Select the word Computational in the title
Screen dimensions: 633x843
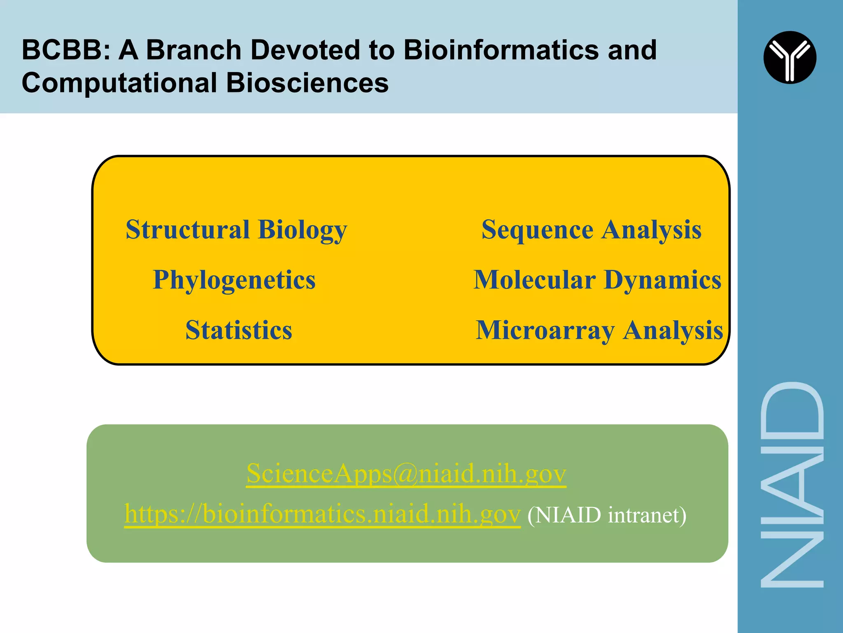119,83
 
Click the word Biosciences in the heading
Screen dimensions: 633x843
307,83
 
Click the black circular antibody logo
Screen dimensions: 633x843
789,57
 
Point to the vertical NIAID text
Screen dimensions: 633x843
791,484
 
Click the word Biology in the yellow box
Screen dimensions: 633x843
303,230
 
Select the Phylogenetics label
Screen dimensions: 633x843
234,280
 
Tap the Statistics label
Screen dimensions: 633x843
239,330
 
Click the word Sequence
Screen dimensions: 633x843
537,230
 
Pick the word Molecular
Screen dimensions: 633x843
534,280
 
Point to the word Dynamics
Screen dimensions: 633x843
662,280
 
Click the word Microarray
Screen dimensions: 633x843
545,331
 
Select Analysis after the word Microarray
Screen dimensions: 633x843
673,331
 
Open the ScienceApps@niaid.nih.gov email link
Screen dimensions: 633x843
406,474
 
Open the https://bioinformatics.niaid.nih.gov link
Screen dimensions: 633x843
322,514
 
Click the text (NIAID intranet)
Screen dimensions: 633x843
607,515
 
